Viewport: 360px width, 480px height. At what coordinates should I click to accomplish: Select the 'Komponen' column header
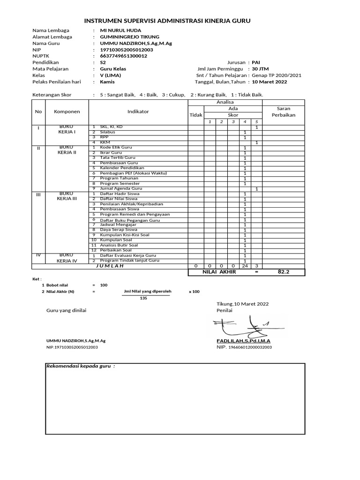click(67, 112)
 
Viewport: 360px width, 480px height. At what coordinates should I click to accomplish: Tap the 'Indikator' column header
click(138, 112)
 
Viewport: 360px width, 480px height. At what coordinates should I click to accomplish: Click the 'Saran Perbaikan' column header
click(284, 112)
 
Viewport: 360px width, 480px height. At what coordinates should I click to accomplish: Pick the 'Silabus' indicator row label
click(107, 132)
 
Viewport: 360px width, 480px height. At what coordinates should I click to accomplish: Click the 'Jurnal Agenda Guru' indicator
click(120, 188)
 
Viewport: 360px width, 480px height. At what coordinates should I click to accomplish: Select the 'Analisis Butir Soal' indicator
click(119, 245)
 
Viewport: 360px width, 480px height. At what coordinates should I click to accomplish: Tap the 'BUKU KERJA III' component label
click(67, 196)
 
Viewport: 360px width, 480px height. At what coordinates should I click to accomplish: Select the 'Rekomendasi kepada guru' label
click(80, 366)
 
